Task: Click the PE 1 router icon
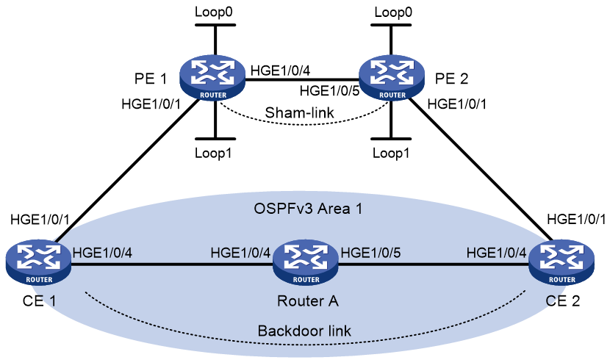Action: pos(212,77)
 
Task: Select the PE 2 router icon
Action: pos(391,77)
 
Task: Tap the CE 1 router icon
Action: pos(38,262)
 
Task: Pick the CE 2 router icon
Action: pos(561,262)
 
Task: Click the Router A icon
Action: pos(306,262)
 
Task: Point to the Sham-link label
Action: pos(299,112)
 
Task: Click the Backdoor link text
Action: pos(304,331)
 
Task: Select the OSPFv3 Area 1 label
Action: pos(308,209)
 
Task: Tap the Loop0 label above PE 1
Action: pos(214,12)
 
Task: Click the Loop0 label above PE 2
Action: pos(393,12)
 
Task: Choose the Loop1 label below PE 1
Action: pos(213,153)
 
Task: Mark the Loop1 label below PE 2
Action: pos(391,153)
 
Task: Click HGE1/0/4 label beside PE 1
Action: pos(281,71)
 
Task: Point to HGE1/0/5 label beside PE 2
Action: pos(329,91)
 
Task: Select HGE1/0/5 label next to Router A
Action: pos(370,253)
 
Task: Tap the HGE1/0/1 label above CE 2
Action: pos(576,219)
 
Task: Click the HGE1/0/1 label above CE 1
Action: pos(40,219)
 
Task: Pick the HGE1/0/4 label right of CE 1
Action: pos(102,253)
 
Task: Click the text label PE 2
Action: pos(451,79)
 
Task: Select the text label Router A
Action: pos(308,301)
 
